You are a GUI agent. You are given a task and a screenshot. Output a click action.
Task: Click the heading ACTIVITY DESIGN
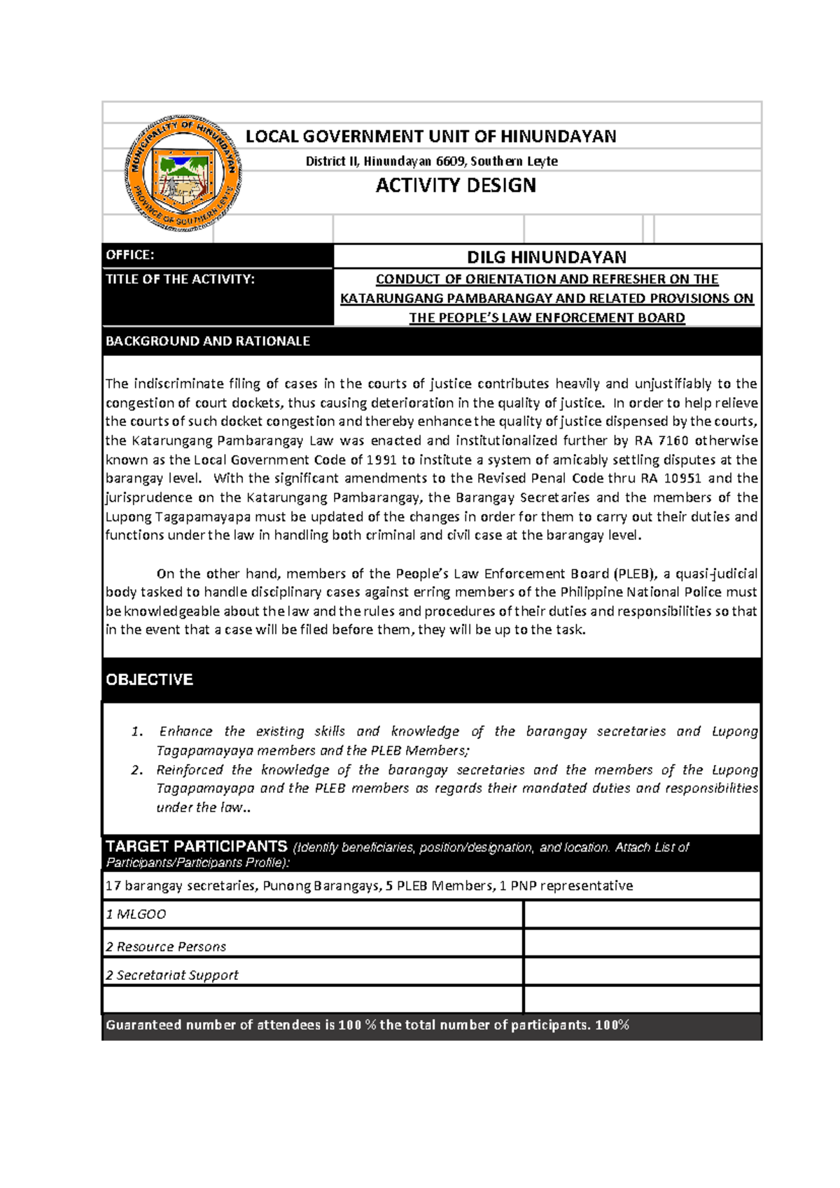(456, 186)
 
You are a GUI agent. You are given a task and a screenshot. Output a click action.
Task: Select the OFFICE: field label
(130, 255)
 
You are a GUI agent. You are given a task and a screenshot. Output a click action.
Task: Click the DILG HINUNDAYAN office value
(547, 257)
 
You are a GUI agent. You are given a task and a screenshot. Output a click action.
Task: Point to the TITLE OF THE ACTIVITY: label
(180, 279)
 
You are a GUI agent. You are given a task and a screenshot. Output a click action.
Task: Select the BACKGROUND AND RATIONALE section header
(207, 341)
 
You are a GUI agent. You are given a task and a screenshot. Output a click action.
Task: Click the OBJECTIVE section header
(149, 679)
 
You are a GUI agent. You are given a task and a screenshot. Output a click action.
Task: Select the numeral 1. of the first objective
(137, 732)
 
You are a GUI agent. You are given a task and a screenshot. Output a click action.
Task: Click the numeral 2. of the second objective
(137, 771)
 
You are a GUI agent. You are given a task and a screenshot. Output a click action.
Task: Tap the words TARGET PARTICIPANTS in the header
(196, 846)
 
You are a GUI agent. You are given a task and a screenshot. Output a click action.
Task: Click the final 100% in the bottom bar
(612, 1025)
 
